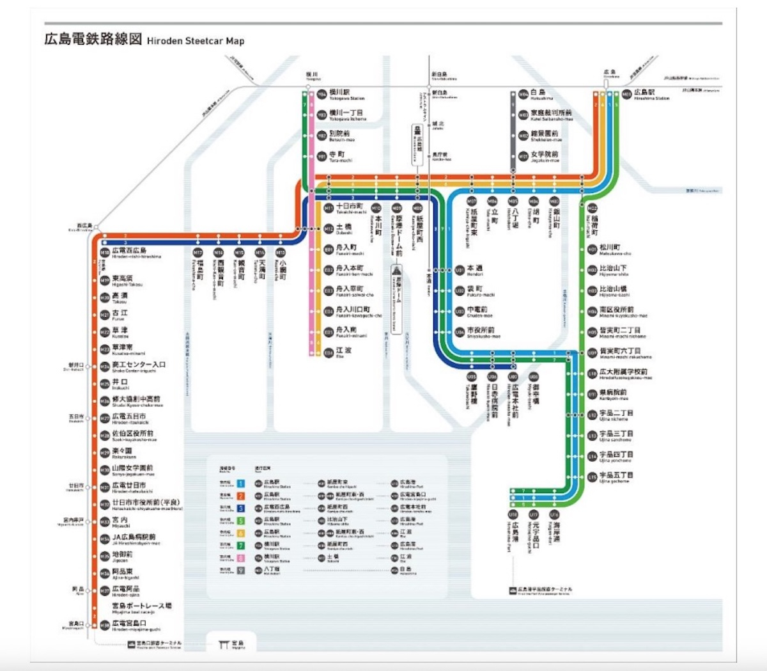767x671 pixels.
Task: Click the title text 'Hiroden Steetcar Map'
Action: pyautogui.click(x=196, y=41)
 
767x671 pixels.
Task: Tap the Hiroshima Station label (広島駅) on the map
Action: pyautogui.click(x=644, y=93)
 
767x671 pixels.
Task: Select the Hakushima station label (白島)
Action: pyautogui.click(x=538, y=93)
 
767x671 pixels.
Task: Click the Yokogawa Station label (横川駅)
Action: pyautogui.click(x=339, y=93)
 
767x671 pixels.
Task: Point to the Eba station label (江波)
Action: pyautogui.click(x=343, y=351)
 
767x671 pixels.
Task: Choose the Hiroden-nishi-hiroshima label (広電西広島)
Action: pyautogui.click(x=129, y=251)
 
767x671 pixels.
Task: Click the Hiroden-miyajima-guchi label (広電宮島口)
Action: pyautogui.click(x=129, y=623)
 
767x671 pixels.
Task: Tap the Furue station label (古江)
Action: pyautogui.click(x=120, y=313)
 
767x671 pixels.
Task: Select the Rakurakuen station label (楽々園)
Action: pyautogui.click(x=122, y=451)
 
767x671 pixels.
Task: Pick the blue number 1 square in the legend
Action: pyautogui.click(x=241, y=484)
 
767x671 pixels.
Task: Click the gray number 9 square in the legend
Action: pyautogui.click(x=241, y=569)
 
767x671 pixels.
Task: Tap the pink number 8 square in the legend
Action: pyautogui.click(x=241, y=557)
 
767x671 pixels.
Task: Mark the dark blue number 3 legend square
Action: pyautogui.click(x=241, y=509)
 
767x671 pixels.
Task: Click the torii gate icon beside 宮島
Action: pyautogui.click(x=223, y=644)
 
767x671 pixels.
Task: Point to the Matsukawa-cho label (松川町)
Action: pyautogui.click(x=610, y=248)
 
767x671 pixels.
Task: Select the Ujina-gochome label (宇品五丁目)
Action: pyautogui.click(x=616, y=475)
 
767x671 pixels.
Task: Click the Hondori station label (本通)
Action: pyautogui.click(x=474, y=269)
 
